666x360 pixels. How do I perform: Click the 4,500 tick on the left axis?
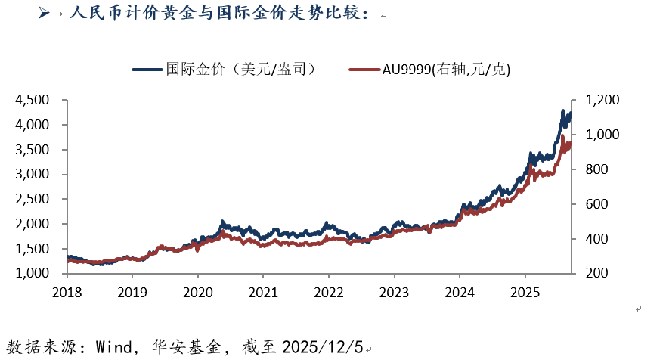pyautogui.click(x=33, y=100)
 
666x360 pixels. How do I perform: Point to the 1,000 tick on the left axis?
pyautogui.click(x=33, y=274)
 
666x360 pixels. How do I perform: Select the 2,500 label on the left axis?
pyautogui.click(x=33, y=199)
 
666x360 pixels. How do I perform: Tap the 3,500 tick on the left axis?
pyautogui.click(x=33, y=150)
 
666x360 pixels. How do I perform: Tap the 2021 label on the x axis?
pyautogui.click(x=262, y=291)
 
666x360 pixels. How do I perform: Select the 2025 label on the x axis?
pyautogui.click(x=525, y=291)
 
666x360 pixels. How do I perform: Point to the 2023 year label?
pyautogui.click(x=394, y=291)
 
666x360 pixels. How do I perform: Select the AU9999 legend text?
pyautogui.click(x=446, y=70)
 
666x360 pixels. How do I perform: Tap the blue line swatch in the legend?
pyautogui.click(x=147, y=70)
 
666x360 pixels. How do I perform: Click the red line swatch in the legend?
pyautogui.click(x=364, y=70)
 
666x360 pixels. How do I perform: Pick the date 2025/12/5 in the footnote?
pyautogui.click(x=323, y=347)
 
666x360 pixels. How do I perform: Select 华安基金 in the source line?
pyautogui.click(x=194, y=347)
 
